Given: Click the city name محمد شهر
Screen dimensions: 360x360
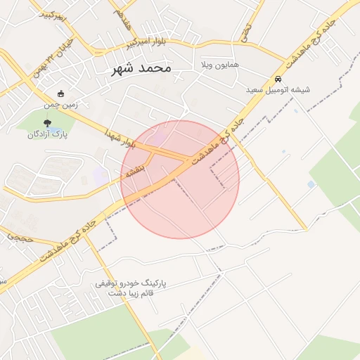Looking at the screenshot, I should coord(141,68).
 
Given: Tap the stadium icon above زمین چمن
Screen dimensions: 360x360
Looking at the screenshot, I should coord(60,94).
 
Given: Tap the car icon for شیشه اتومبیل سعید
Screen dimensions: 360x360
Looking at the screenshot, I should coord(278,79).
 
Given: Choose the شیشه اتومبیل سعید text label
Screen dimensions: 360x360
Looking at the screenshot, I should coord(278,90).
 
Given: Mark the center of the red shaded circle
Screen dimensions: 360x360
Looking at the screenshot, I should coord(180,179).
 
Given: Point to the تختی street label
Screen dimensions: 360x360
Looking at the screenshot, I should coord(246,32).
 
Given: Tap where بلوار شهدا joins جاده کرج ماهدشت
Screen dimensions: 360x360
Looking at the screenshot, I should coord(188,160).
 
